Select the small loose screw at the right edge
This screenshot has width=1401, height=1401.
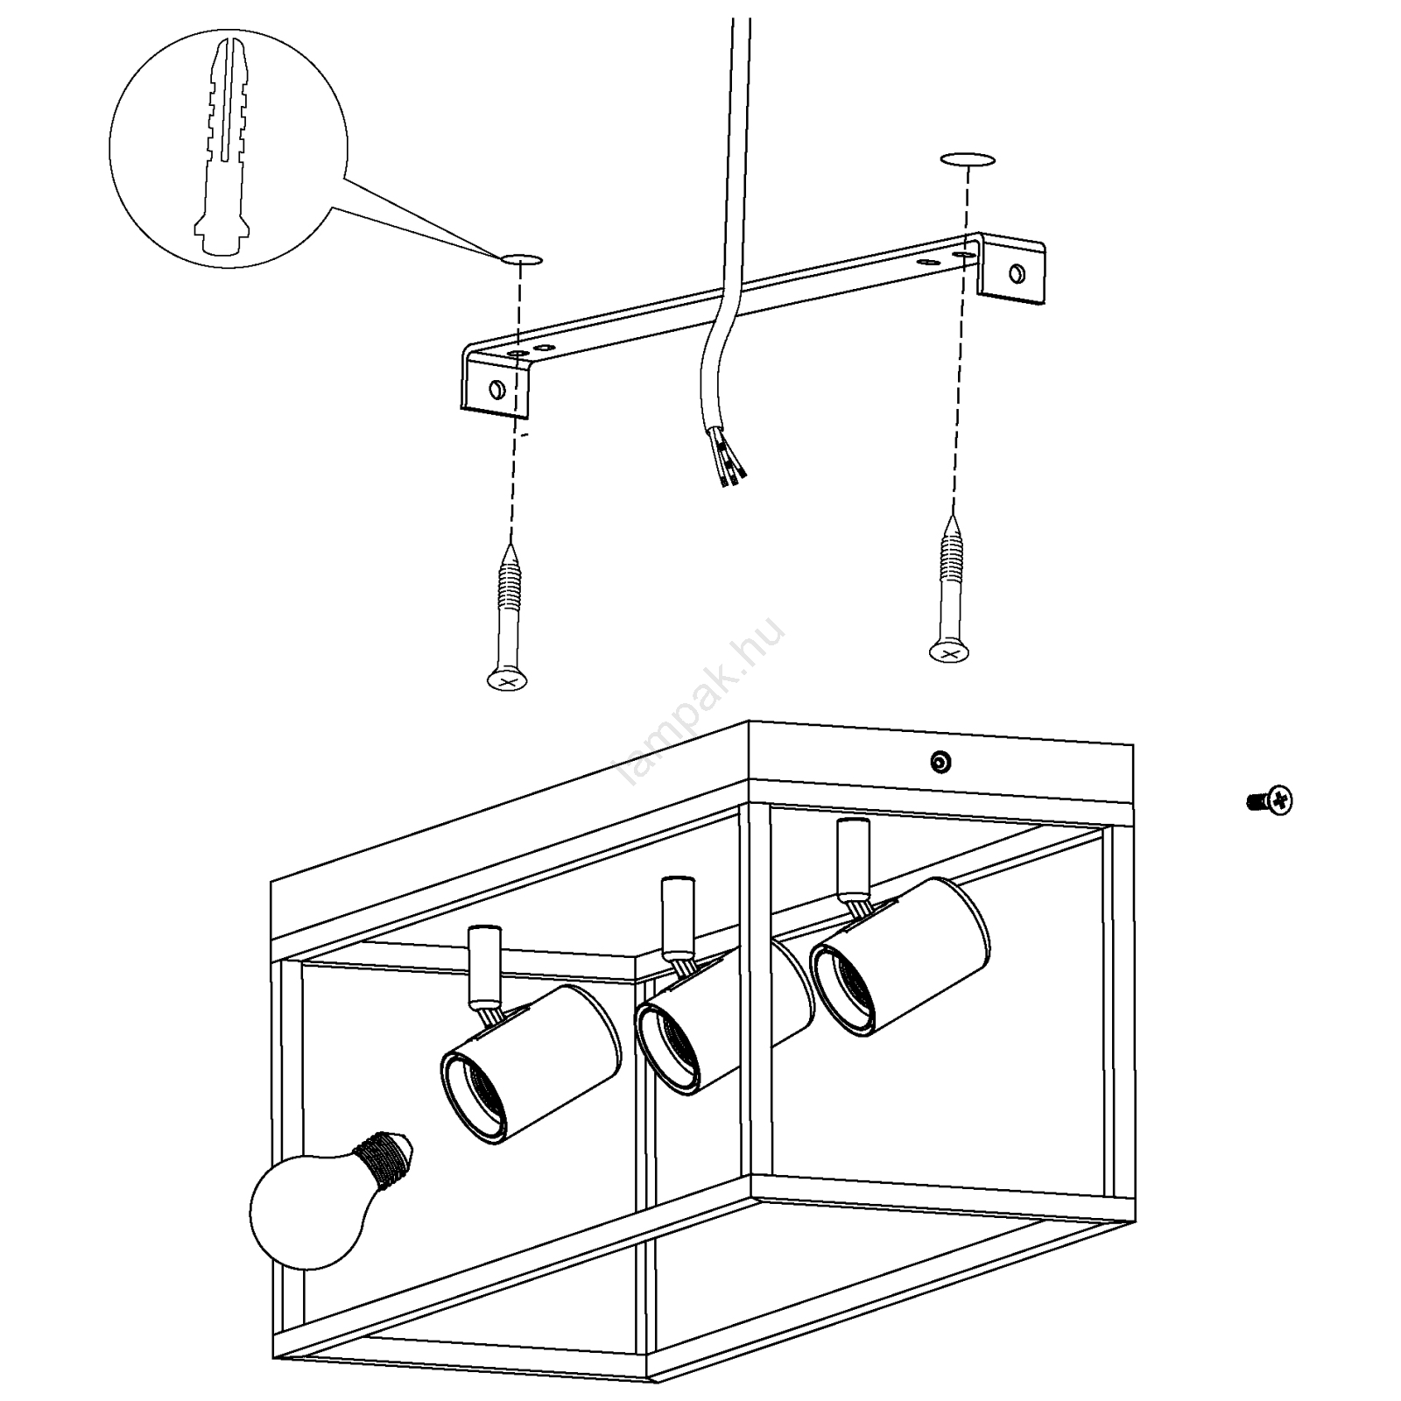(1270, 799)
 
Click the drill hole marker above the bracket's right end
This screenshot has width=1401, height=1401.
(968, 159)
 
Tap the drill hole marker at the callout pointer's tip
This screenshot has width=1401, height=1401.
(521, 259)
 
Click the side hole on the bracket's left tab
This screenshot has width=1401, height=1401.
(496, 387)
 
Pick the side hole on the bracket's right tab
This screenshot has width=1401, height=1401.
(1016, 273)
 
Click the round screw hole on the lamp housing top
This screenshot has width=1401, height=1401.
(940, 762)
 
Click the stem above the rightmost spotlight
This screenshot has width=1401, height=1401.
(850, 858)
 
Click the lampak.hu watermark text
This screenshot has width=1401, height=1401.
(700, 700)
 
